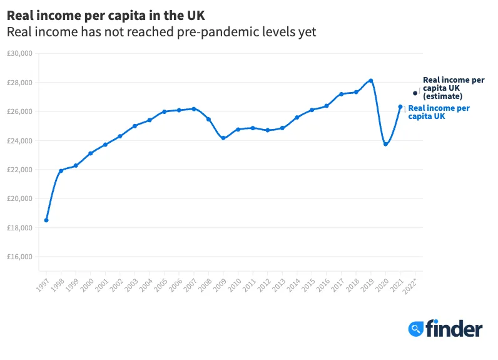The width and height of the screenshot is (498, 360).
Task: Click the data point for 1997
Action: pyautogui.click(x=46, y=220)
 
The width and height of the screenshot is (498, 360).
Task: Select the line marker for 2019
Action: pyautogui.click(x=371, y=81)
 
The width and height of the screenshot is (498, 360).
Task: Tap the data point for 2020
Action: pyautogui.click(x=385, y=144)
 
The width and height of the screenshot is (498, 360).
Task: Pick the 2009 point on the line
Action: pyautogui.click(x=223, y=138)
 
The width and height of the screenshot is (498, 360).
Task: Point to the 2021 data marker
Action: pyautogui.click(x=400, y=106)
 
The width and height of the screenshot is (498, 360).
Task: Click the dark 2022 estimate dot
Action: pyautogui.click(x=415, y=93)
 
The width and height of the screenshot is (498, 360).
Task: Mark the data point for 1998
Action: pyautogui.click(x=61, y=171)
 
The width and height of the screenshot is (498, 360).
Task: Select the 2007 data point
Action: pyautogui.click(x=194, y=109)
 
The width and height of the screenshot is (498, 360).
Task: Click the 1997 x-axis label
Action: pyautogui.click(x=43, y=285)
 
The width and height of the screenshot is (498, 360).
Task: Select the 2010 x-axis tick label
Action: pyautogui.click(x=235, y=285)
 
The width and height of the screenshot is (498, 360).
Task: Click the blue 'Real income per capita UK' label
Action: pyautogui.click(x=439, y=112)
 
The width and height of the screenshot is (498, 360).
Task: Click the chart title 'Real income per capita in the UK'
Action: pyautogui.click(x=106, y=14)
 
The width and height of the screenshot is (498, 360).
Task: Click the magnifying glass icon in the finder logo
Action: pyautogui.click(x=415, y=329)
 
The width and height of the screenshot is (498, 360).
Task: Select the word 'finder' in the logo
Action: pyautogui.click(x=454, y=329)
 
